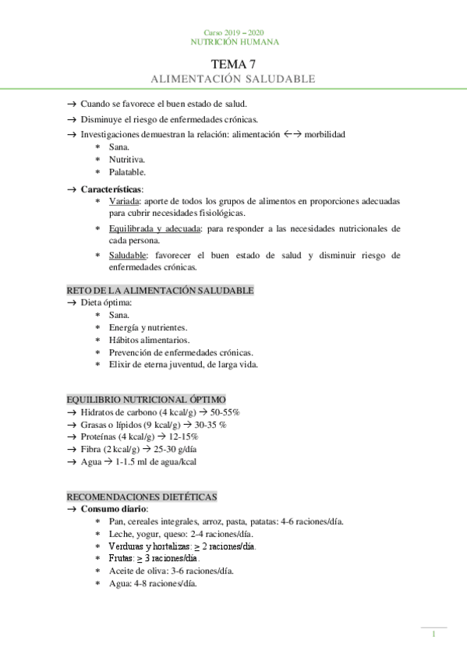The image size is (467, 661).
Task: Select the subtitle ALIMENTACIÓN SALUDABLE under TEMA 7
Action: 233,80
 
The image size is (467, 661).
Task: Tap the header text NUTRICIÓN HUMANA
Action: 234,42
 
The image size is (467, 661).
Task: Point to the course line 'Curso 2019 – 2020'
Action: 234,32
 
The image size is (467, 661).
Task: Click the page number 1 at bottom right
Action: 433,635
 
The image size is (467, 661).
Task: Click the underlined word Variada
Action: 123,201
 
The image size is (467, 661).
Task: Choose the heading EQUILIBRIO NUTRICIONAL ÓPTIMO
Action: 146,399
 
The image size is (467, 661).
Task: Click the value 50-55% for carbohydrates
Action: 225,412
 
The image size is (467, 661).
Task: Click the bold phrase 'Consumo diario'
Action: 114,509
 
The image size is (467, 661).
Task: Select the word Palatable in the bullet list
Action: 127,171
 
